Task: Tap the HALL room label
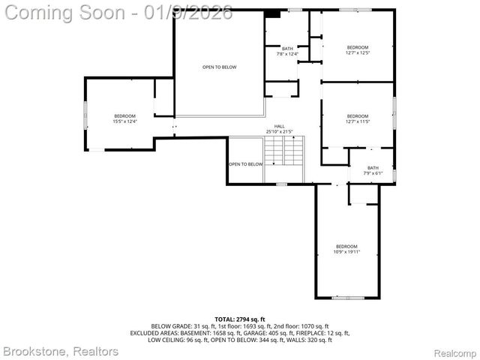[x=280, y=129]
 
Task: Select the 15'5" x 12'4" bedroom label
[x=124, y=118]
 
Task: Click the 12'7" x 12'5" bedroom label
[x=358, y=49]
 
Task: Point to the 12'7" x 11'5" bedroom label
[x=358, y=118]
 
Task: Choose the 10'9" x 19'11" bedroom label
[x=346, y=249]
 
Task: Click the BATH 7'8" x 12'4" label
[x=288, y=51]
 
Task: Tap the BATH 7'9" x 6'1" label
[x=373, y=170]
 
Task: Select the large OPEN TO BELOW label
[x=219, y=67]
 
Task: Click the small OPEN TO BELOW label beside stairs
[x=246, y=164]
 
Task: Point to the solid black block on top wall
[x=274, y=13]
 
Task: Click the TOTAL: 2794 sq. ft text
[x=240, y=319]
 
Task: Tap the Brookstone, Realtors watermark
[x=61, y=351]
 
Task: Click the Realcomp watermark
[x=455, y=352]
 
